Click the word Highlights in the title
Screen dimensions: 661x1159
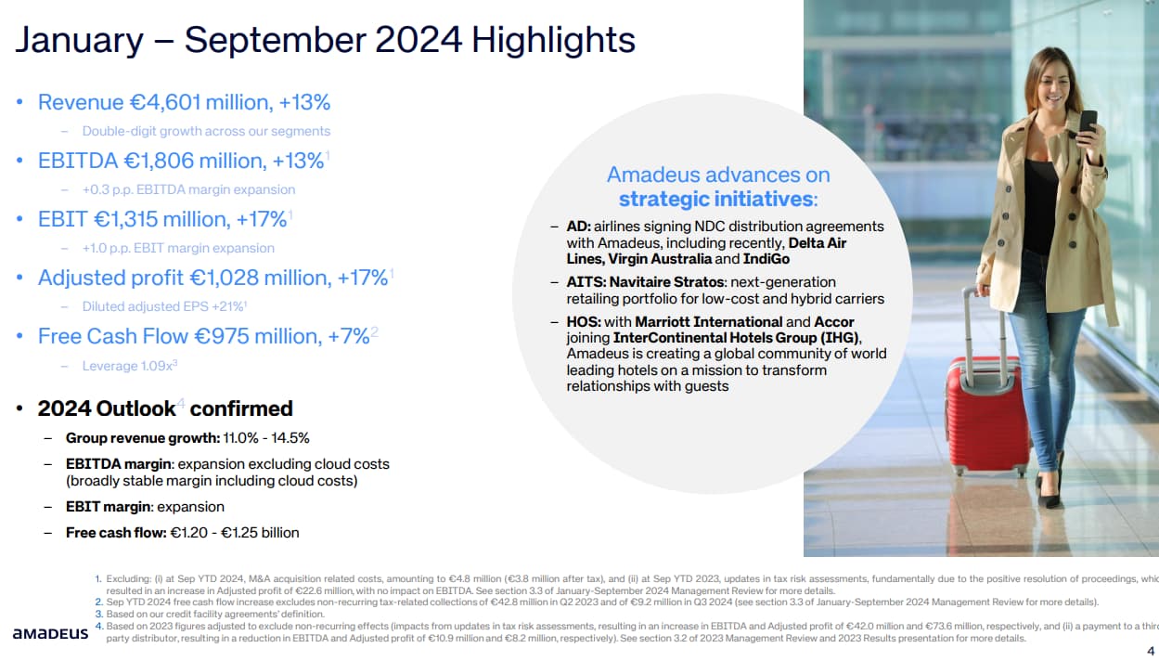553,41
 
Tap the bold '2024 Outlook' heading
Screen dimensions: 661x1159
107,408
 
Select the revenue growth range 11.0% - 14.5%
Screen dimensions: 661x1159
266,438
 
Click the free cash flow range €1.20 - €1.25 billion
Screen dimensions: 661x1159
234,533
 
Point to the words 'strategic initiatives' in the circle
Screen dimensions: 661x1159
717,199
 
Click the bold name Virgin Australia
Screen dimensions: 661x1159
660,259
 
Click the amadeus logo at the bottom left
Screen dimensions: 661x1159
50,633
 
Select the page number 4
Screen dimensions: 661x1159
1151,650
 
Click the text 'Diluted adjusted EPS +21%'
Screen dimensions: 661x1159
163,306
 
